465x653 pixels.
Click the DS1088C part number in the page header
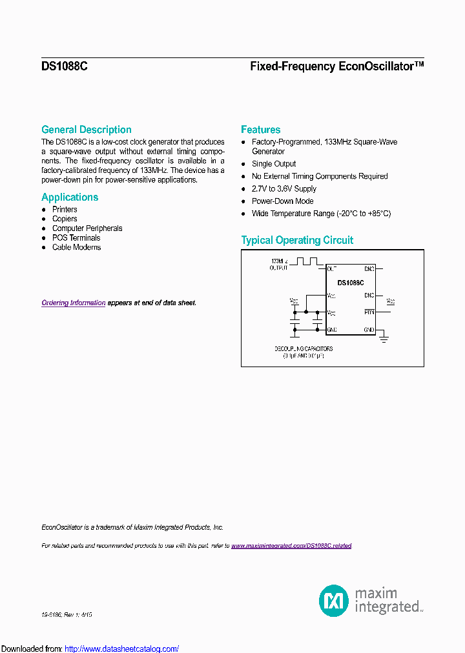point(59,66)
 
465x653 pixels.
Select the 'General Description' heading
point(86,130)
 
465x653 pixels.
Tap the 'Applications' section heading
point(70,197)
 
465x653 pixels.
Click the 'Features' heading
point(260,130)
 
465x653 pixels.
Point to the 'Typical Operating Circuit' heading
point(297,241)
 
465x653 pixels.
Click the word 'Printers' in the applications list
point(65,210)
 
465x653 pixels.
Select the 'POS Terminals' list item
point(76,237)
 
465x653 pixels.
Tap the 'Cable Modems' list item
point(76,247)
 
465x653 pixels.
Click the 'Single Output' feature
point(274,164)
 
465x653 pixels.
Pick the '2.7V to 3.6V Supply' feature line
point(284,188)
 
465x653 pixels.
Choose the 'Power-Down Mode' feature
point(283,201)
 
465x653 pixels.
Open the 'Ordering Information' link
point(73,303)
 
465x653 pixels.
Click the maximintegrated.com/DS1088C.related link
point(291,546)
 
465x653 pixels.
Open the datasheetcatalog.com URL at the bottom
point(122,648)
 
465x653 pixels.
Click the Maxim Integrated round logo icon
point(334,600)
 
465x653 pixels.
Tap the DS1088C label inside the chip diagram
point(351,283)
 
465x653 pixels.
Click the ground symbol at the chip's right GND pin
point(383,336)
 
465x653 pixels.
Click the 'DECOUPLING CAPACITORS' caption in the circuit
point(304,348)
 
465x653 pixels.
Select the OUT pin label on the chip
point(332,268)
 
